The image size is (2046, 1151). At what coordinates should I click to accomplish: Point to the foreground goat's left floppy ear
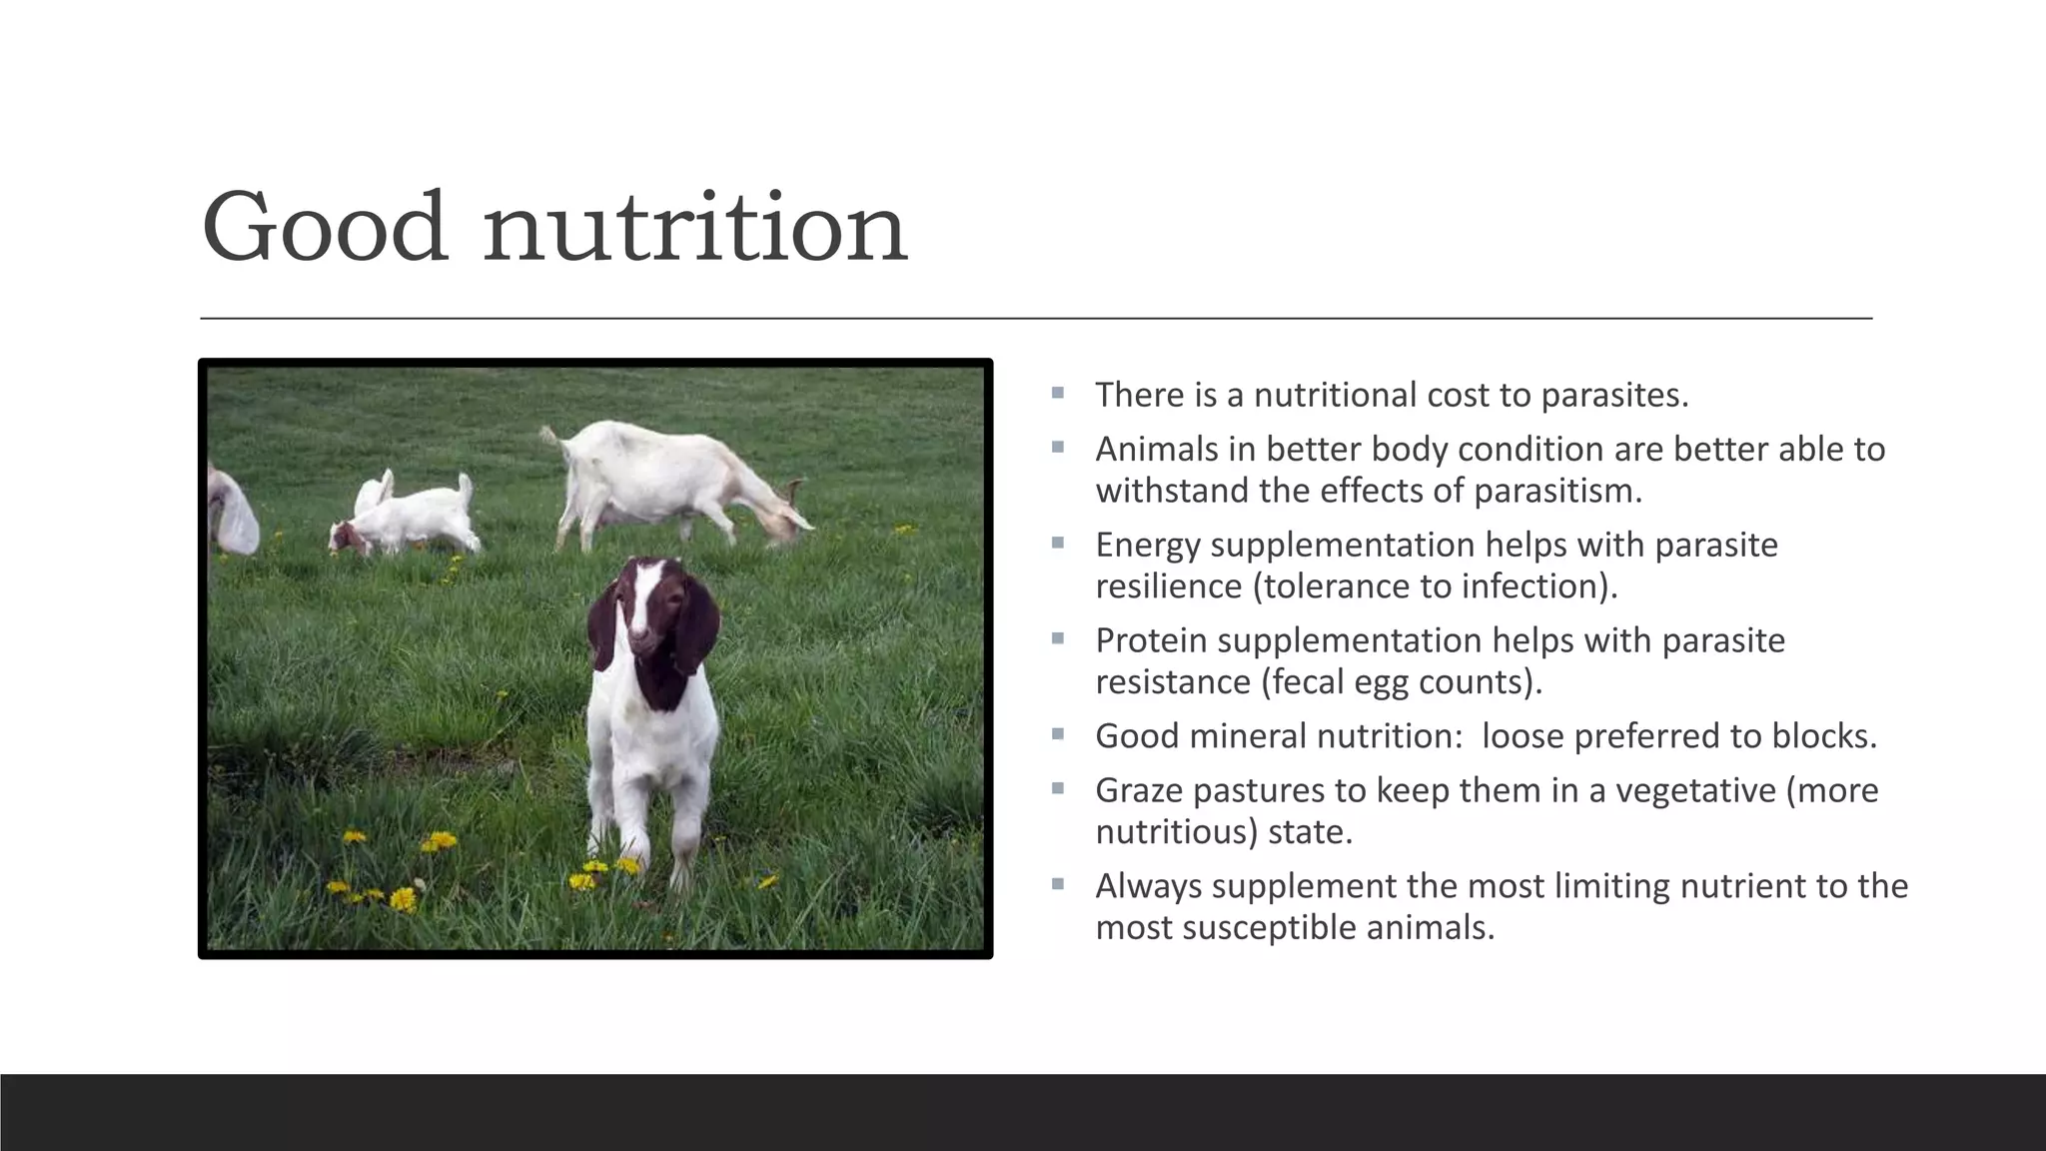(604, 624)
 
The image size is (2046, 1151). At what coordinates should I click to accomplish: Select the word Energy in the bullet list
(1148, 546)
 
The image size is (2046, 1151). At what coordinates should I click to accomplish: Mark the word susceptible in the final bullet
(1269, 928)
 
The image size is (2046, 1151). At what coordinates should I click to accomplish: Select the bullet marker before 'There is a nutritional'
(1057, 394)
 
